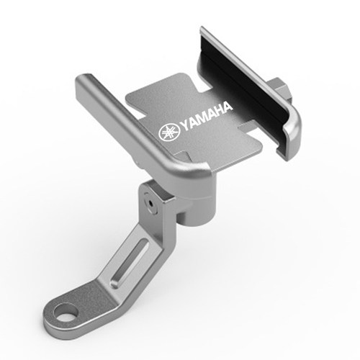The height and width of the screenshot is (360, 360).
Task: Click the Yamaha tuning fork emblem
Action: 169,132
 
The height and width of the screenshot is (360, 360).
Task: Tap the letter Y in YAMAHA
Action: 184,125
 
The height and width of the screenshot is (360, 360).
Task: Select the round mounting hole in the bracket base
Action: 66,312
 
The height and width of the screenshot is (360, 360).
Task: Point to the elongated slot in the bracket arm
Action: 130,264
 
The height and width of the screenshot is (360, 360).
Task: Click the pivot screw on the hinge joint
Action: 151,204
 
